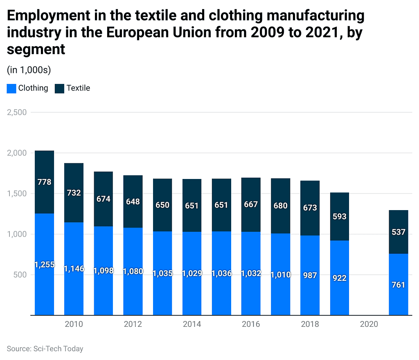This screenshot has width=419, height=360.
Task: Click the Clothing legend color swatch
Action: coord(11,88)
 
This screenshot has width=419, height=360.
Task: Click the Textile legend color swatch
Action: coord(60,88)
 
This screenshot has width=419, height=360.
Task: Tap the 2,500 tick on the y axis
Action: coord(17,112)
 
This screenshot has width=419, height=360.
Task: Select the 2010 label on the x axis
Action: coord(74,324)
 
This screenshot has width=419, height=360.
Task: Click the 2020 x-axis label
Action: coord(369,324)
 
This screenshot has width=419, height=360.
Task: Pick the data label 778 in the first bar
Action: coord(44,182)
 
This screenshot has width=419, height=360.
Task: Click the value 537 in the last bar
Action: coord(398,232)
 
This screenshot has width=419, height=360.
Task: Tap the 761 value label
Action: coord(398,285)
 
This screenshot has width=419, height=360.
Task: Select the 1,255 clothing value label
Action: coord(44,264)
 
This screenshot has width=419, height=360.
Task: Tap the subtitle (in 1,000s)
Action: coord(29,70)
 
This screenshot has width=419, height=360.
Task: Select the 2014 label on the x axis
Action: coord(192,324)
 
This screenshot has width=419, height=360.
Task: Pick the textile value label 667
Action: coord(251,204)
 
